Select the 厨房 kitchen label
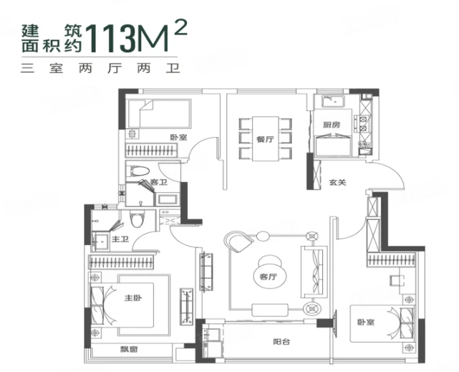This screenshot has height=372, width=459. [331, 124]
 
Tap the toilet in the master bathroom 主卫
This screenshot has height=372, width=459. [141, 219]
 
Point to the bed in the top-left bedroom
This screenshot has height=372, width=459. [158, 114]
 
